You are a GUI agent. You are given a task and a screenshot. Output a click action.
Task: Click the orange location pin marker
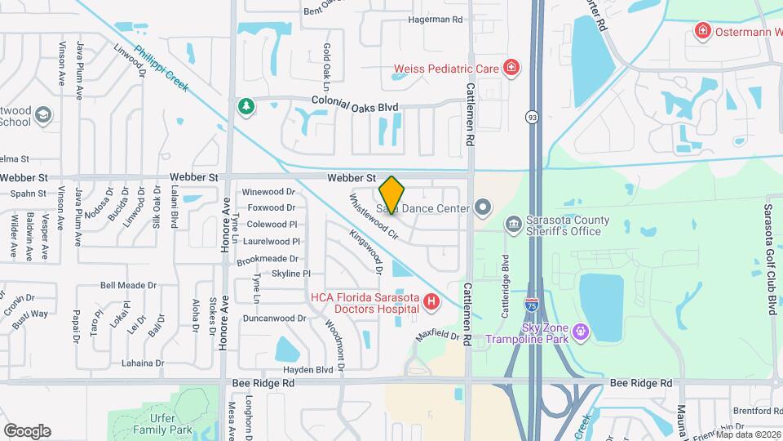pyautogui.click(x=391, y=195)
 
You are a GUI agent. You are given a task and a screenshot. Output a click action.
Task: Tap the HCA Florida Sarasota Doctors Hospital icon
pyautogui.click(x=431, y=304)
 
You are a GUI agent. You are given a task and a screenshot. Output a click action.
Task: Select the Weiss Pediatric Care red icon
pyautogui.click(x=511, y=68)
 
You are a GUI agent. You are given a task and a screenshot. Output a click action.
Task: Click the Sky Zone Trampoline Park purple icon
pyautogui.click(x=581, y=332)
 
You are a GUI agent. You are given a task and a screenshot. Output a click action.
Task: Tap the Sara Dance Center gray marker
pyautogui.click(x=482, y=207)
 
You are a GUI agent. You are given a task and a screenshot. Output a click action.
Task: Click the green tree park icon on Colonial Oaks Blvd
pyautogui.click(x=245, y=106)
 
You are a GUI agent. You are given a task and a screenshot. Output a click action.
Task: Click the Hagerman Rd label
pyautogui.click(x=435, y=19)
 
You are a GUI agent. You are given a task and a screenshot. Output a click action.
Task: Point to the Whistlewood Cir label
pyautogui.click(x=373, y=216)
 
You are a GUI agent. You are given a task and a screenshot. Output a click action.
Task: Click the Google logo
pyautogui.click(x=27, y=430)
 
